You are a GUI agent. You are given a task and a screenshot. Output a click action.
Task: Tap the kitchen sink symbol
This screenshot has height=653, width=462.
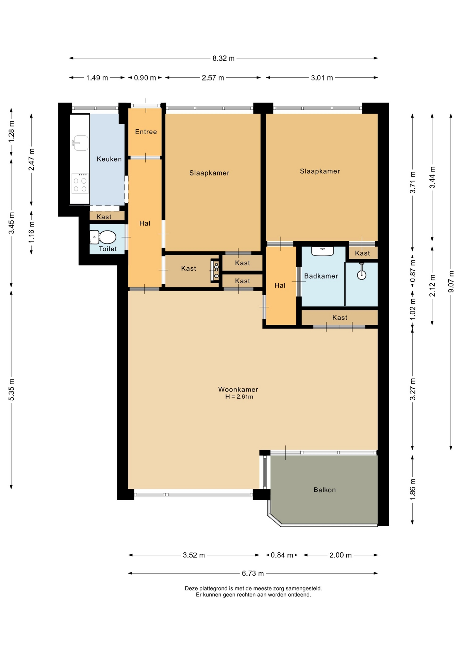tap(80, 143)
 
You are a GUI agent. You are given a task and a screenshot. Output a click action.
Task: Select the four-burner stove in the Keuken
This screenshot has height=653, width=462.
tap(80, 183)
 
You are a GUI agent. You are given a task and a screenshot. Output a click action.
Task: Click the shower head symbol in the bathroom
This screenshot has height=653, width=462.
tap(361, 271)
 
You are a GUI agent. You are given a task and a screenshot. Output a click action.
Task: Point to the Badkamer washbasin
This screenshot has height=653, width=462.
tap(323, 251)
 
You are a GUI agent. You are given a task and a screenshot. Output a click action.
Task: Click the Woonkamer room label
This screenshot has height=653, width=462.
tap(238, 389)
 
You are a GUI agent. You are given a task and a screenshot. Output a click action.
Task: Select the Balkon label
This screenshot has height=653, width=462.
tap(325, 490)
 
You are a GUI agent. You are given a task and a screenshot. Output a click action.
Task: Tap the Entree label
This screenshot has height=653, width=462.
tap(146, 132)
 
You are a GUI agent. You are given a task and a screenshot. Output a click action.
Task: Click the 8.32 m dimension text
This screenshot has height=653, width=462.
tap(224, 58)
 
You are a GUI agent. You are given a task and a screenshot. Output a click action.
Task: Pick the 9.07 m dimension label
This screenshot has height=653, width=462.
tap(451, 281)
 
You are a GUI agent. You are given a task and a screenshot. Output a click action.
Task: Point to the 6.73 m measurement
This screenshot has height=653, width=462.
tap(253, 573)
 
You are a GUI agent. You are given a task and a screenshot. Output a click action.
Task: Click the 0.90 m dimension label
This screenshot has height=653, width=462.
tap(145, 78)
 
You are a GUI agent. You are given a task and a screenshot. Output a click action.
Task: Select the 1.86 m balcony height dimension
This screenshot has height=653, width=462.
tap(413, 489)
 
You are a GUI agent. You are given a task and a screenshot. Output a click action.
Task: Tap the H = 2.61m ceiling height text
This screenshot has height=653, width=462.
tap(239, 397)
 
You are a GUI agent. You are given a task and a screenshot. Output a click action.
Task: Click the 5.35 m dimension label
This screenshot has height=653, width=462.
tap(12, 389)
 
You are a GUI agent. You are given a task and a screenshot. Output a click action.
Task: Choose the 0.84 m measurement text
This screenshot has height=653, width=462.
tap(282, 555)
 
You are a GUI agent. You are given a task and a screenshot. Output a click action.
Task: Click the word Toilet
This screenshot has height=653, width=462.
tap(108, 249)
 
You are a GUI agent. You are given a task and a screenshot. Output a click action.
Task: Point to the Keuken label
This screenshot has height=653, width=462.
tap(109, 159)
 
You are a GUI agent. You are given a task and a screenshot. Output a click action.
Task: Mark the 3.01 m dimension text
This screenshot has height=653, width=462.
tap(322, 78)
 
